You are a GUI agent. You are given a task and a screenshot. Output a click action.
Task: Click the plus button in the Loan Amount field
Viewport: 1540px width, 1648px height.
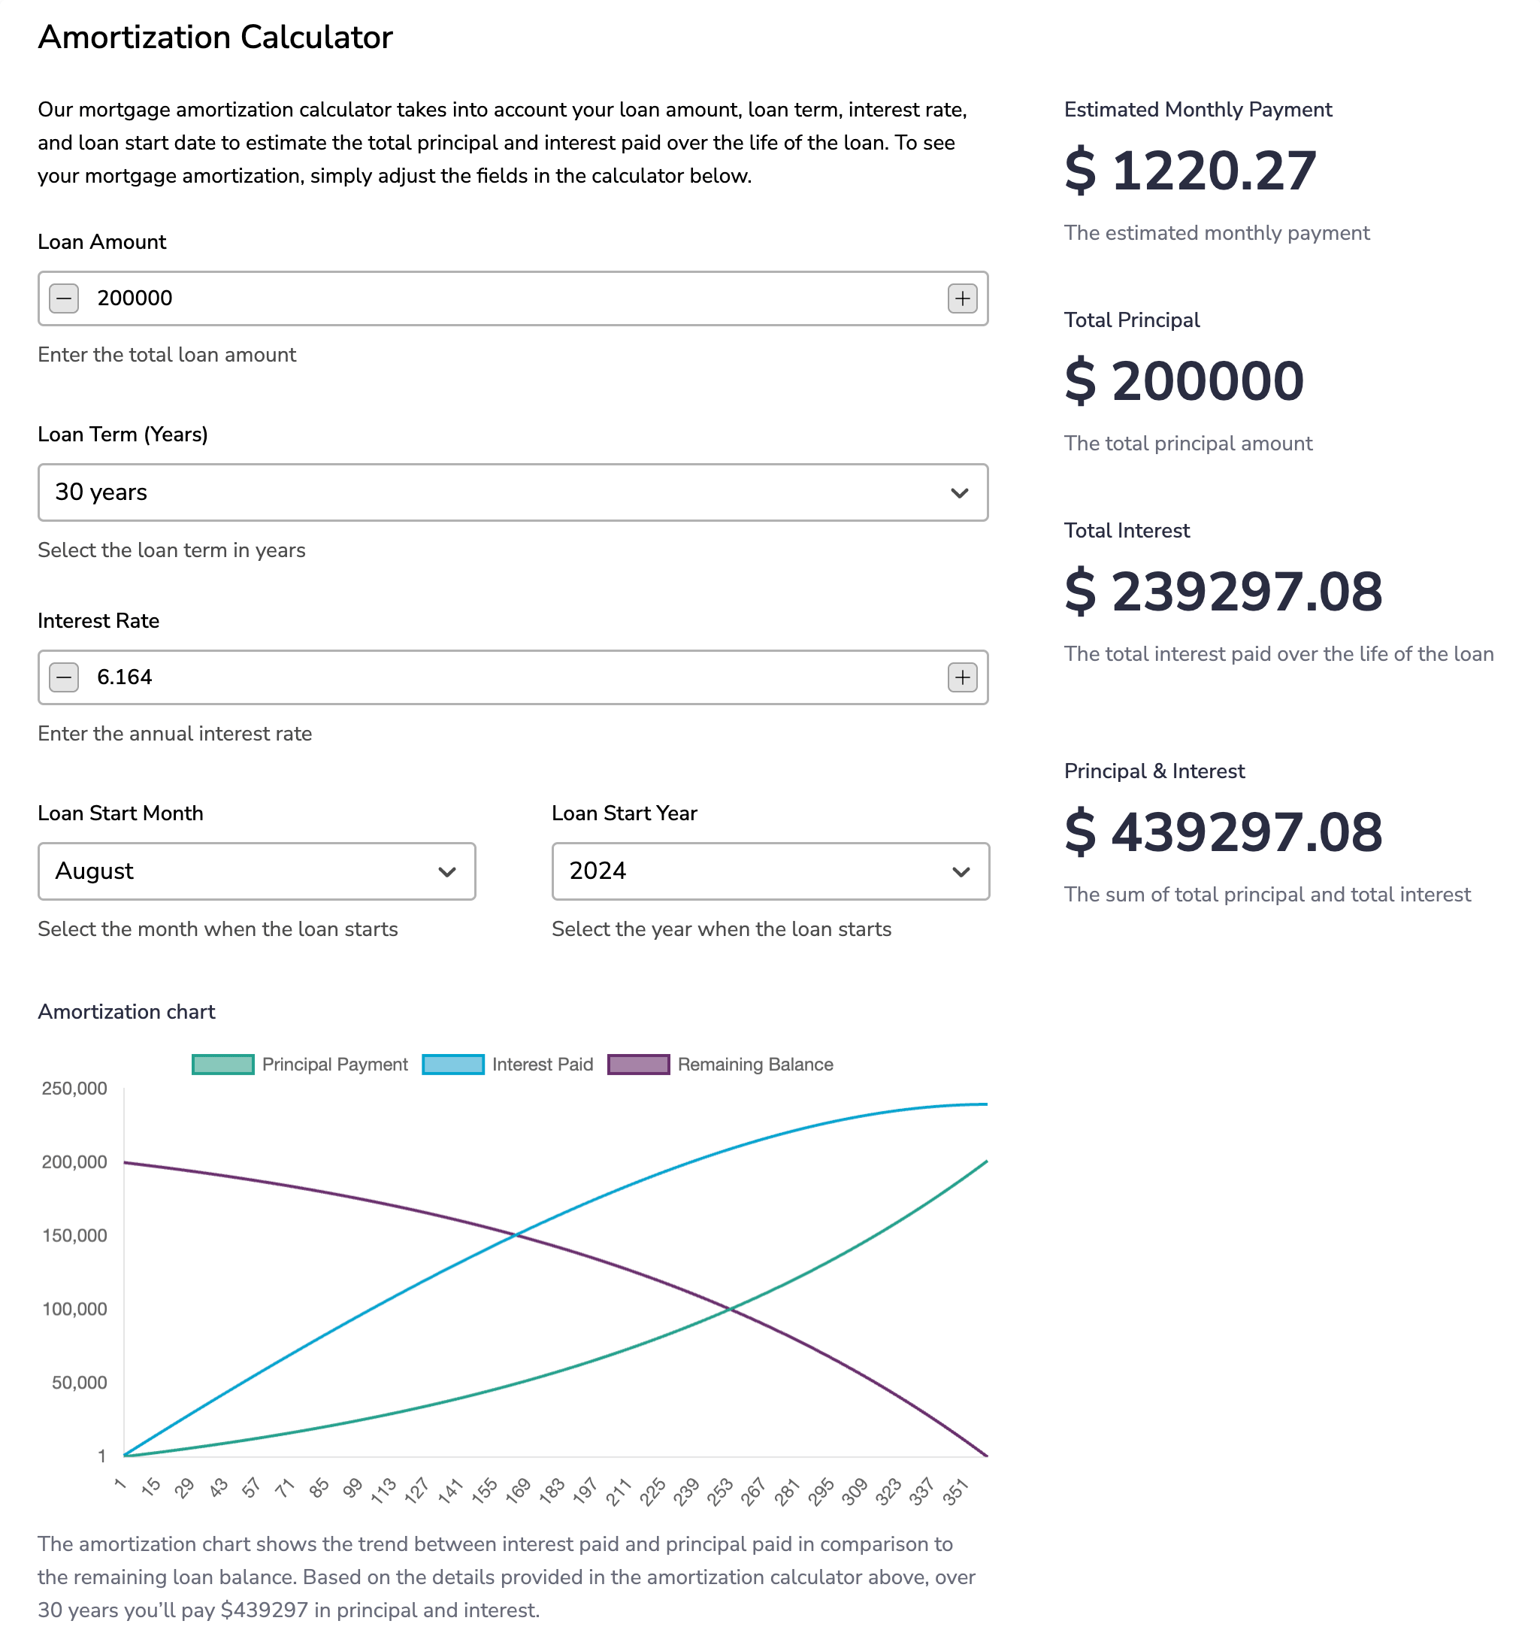[x=961, y=298]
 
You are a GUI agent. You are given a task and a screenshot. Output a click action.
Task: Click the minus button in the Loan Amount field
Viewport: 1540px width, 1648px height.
[x=64, y=298]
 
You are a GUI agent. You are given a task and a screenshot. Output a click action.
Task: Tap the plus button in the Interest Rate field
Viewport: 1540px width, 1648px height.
[x=961, y=677]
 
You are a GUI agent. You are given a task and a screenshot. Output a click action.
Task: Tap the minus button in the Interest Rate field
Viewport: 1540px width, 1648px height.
[x=64, y=677]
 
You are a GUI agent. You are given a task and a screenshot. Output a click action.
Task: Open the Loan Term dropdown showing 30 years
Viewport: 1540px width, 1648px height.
[x=513, y=492]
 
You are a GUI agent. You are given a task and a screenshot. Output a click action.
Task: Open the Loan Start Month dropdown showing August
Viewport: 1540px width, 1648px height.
[x=256, y=871]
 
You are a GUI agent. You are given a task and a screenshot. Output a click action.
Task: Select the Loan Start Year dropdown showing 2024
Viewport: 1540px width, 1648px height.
[x=770, y=871]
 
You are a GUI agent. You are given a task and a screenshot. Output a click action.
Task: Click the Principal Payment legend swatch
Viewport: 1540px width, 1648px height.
[x=222, y=1065]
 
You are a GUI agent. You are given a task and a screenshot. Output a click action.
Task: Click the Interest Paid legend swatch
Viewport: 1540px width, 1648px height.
[x=452, y=1065]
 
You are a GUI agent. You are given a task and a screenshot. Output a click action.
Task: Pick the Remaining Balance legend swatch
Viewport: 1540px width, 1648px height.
[x=638, y=1065]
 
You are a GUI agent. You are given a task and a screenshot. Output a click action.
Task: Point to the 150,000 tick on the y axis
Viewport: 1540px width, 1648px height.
[x=74, y=1236]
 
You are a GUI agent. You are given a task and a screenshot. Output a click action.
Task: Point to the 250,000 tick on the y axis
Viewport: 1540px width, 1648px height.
[x=74, y=1089]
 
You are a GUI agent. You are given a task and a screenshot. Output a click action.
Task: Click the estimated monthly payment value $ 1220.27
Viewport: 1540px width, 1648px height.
[x=1190, y=171]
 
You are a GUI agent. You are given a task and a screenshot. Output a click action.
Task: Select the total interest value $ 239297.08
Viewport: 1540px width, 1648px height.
[x=1223, y=592]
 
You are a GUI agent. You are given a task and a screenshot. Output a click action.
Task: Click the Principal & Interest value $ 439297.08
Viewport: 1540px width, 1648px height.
[x=1223, y=832]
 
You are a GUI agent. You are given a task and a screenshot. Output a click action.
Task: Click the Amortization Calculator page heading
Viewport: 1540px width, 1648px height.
[x=216, y=38]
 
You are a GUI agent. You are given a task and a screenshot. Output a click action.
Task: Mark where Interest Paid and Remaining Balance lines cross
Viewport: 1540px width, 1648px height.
[x=516, y=1235]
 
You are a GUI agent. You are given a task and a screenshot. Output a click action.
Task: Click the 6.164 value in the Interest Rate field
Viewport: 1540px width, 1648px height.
[x=124, y=677]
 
